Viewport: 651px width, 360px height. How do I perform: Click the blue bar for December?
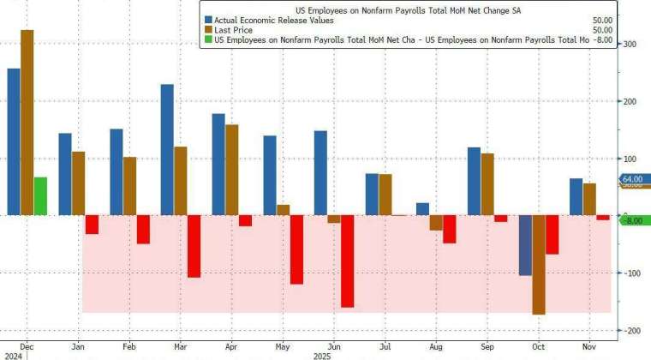13,141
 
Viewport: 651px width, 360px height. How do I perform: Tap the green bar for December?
40,196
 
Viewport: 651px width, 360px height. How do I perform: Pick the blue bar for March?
167,149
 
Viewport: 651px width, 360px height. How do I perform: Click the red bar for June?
347,261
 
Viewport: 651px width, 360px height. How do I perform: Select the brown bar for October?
539,265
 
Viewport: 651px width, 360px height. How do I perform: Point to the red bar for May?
296,249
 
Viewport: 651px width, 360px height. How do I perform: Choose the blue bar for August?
422,209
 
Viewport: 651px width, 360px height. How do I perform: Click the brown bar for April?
231,170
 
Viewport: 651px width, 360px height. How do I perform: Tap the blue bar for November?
576,196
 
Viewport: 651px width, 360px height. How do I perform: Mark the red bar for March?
194,246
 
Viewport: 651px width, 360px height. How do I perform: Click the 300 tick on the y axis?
629,45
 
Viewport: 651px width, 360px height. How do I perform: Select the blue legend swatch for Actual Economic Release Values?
208,18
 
